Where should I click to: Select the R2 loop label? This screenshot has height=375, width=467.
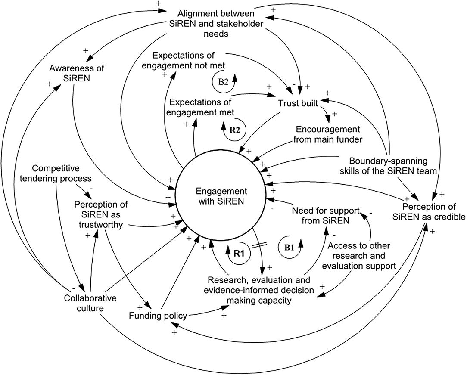pos(234,130)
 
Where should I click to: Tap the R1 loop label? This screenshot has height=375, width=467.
pos(239,254)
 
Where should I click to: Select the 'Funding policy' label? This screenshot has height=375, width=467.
pos(158,316)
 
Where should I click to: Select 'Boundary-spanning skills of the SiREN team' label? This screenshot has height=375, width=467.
pos(388,166)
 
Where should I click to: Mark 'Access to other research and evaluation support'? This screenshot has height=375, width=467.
pos(361,256)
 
